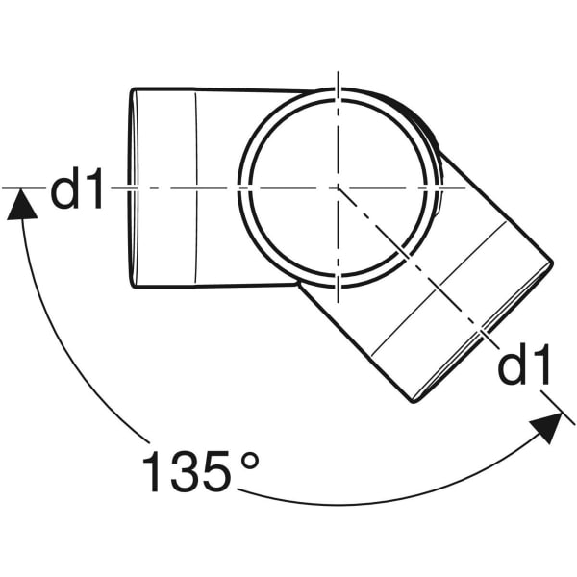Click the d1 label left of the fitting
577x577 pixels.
(x=76, y=189)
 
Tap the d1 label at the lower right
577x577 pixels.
(x=524, y=366)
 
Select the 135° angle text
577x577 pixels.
(x=201, y=471)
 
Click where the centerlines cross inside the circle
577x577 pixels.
(x=338, y=188)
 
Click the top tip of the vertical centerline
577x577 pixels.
(x=338, y=71)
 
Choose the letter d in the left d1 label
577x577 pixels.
(x=64, y=189)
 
